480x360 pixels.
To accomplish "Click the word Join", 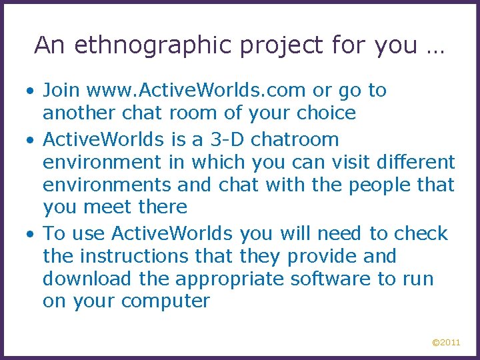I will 62,90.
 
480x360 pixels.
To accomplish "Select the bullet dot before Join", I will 31,91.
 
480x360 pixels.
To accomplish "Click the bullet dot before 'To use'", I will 31,235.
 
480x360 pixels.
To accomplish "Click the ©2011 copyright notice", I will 446,343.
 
